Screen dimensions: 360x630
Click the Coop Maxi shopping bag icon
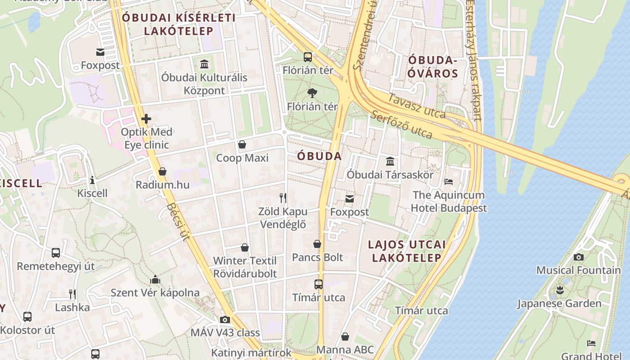242,144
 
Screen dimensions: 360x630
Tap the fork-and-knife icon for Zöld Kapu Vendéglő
283,198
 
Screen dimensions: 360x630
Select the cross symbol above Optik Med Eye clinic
146,119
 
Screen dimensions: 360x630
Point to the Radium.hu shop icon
162,171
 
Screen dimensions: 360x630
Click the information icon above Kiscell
92,180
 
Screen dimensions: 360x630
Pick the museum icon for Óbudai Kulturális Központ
204,64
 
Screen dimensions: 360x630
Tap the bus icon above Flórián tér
308,57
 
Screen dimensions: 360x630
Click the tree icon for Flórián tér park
312,93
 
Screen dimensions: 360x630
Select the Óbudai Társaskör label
390,175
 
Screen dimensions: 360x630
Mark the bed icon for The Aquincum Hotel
449,182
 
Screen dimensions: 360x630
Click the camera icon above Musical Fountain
579,257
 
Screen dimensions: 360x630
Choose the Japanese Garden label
559,303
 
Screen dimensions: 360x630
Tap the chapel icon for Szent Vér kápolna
155,279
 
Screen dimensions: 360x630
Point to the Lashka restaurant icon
72,294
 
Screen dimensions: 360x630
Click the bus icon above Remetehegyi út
56,252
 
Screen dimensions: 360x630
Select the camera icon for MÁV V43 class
225,319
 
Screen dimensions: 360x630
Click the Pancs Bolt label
317,257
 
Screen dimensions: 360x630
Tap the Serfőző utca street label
401,125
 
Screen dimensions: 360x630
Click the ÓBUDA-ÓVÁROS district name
432,67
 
